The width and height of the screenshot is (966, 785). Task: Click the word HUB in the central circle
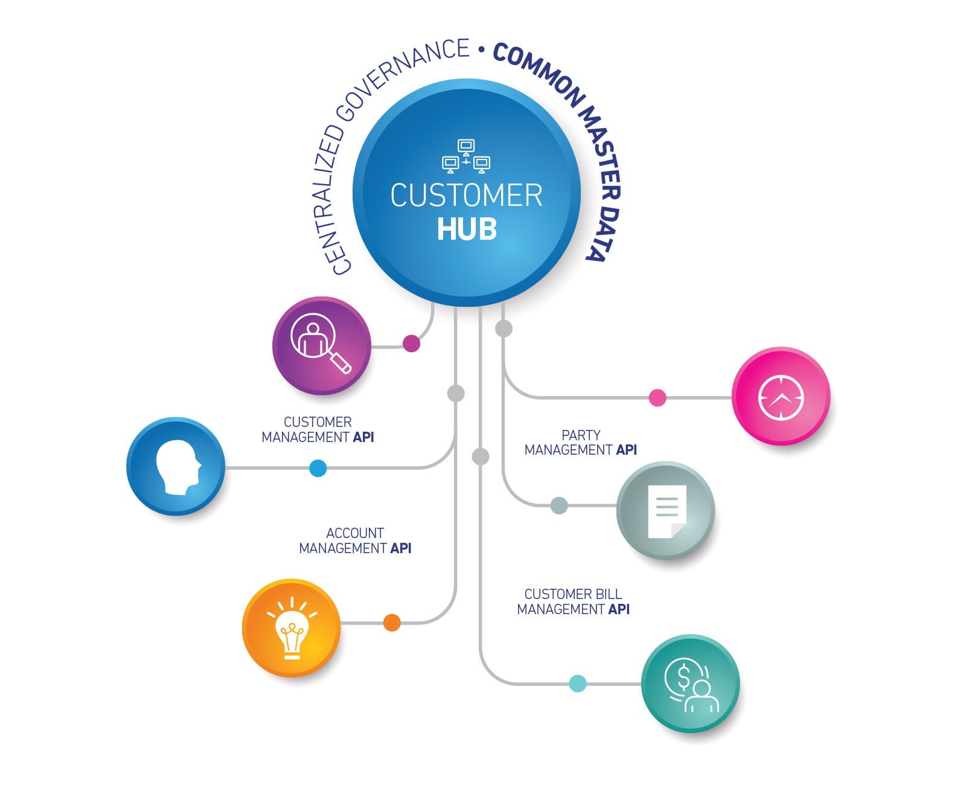point(467,229)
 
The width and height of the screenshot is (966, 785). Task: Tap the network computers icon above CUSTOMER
point(466,156)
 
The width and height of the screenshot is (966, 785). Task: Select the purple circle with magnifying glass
point(321,345)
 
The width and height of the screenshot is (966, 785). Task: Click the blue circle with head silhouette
point(176,466)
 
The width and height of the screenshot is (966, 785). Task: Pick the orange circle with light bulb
point(292,628)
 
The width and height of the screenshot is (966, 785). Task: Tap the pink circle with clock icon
point(781,396)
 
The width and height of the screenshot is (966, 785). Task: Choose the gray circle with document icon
point(665,510)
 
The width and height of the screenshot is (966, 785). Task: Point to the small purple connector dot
point(411,344)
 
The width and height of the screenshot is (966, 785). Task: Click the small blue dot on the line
point(318,468)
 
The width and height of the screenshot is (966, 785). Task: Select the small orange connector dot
point(392,623)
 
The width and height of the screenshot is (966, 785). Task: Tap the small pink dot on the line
point(657,398)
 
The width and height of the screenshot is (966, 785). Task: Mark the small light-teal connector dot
point(578,684)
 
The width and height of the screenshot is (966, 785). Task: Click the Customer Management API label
point(318,429)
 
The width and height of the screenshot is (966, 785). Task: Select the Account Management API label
point(355,540)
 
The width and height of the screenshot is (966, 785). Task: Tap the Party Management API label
point(580,443)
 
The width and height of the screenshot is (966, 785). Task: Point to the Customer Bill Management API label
point(573,601)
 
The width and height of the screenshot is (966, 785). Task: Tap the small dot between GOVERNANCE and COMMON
point(481,51)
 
